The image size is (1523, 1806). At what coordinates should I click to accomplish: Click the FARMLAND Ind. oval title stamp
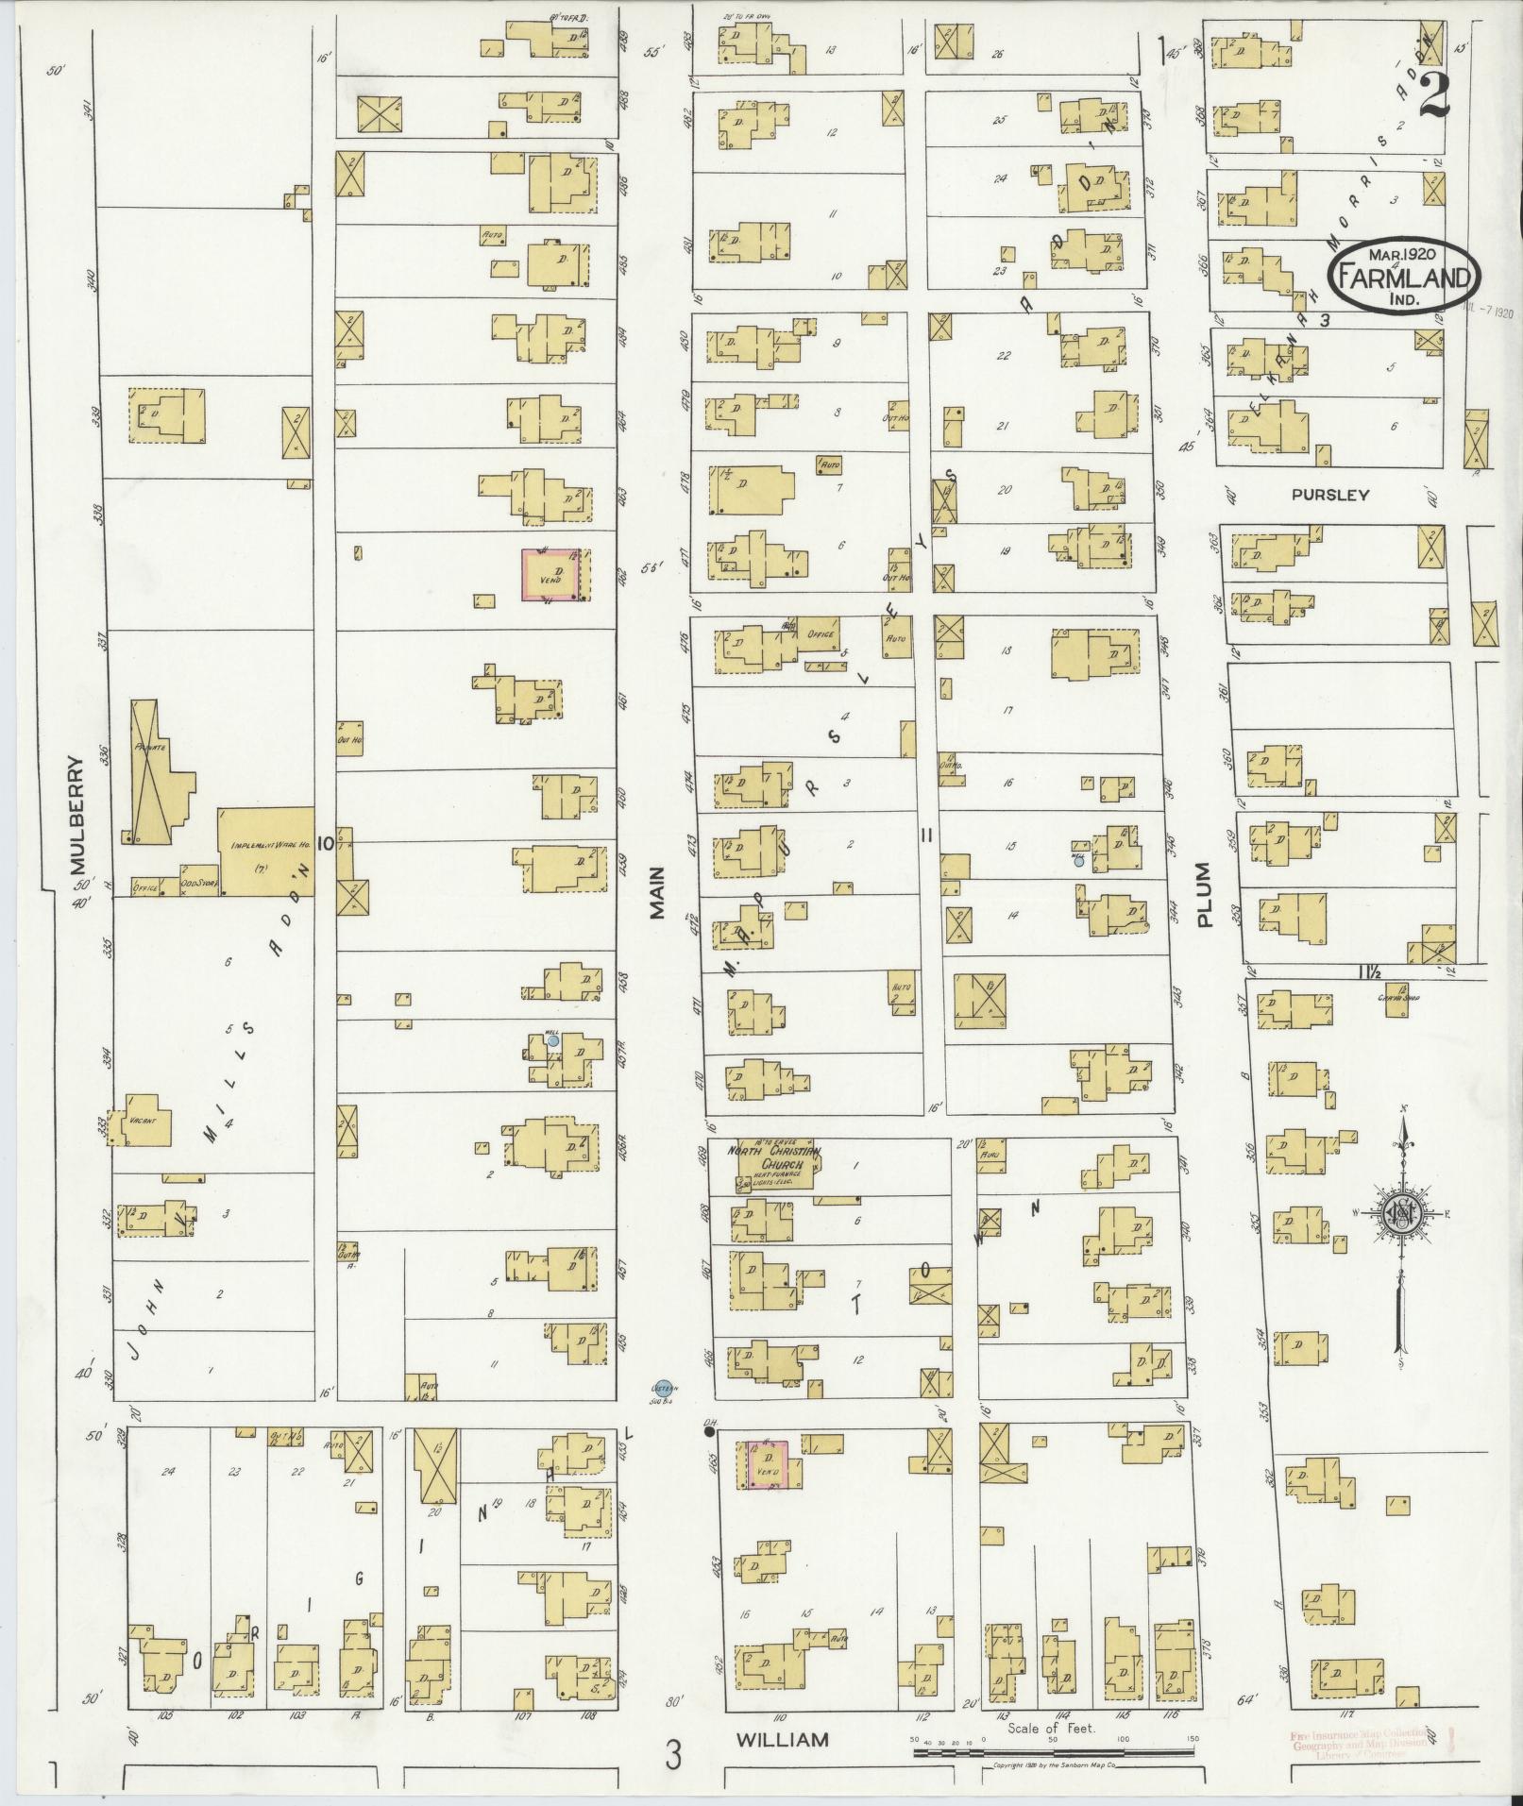pos(1405,275)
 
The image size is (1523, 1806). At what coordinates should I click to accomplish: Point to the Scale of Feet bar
pos(1053,1752)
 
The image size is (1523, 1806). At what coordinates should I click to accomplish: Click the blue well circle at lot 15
pos(1078,861)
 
